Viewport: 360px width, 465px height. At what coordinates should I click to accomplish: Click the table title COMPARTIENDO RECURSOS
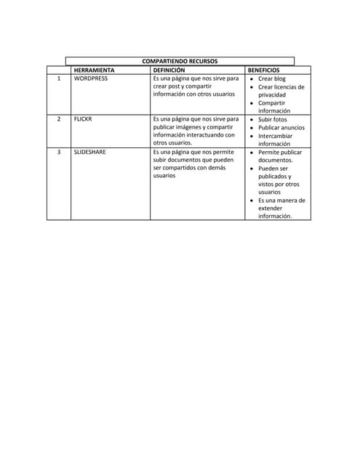(x=179, y=61)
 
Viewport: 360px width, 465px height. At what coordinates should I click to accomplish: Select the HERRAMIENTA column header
(x=94, y=70)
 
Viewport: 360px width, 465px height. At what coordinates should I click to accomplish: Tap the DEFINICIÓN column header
(x=169, y=70)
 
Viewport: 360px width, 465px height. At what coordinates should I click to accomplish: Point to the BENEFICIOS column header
(x=263, y=70)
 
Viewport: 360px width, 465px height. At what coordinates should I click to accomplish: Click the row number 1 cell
(x=58, y=78)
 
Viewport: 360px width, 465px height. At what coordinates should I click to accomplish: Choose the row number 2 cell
(x=58, y=119)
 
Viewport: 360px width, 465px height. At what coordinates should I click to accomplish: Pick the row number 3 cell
(x=58, y=152)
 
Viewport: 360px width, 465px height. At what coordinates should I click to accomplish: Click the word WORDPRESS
(x=91, y=78)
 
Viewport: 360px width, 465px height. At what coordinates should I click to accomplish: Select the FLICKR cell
(x=83, y=119)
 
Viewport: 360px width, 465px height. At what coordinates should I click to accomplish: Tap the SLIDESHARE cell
(x=90, y=152)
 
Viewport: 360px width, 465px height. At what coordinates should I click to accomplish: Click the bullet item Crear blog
(x=272, y=78)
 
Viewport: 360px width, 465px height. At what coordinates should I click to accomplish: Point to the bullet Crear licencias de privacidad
(x=281, y=91)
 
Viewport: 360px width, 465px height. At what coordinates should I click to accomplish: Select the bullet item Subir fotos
(x=273, y=119)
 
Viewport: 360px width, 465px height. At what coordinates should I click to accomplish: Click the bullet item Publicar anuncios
(x=281, y=127)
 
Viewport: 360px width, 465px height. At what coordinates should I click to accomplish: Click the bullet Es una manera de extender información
(x=281, y=208)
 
